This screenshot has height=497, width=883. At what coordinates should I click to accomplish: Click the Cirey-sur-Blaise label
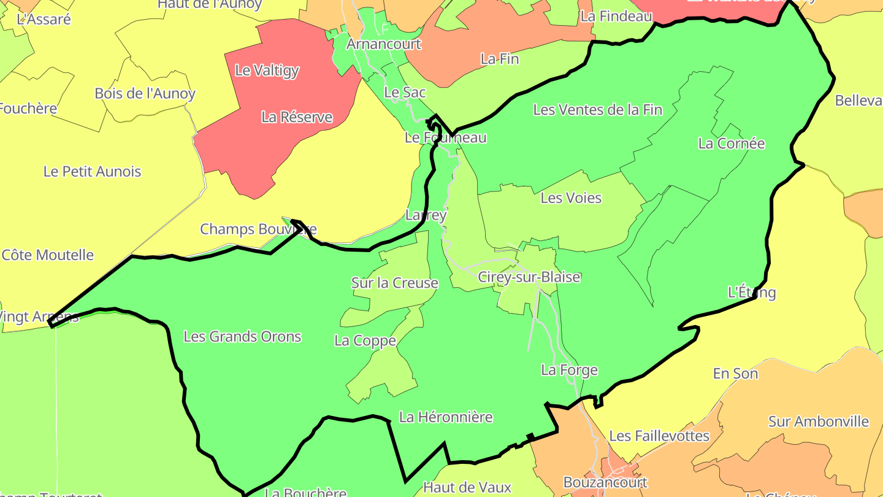[x=529, y=277]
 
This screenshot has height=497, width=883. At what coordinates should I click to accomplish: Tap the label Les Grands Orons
[x=242, y=336]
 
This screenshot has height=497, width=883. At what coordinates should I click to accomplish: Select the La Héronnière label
[x=445, y=417]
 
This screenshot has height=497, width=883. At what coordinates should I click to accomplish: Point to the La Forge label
[x=568, y=370]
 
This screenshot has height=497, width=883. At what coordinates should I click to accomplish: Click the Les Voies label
[x=570, y=198]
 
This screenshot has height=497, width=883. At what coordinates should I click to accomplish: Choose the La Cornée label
[x=731, y=144]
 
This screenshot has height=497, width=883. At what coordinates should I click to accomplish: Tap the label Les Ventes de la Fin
[x=597, y=110]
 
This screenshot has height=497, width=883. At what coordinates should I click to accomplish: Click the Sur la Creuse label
[x=394, y=283]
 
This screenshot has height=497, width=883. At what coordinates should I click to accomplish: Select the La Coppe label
[x=365, y=341]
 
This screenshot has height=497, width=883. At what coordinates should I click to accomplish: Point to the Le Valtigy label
[x=267, y=71]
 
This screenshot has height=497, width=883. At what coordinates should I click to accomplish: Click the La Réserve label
[x=297, y=117]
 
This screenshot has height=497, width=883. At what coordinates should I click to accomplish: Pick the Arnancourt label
[x=384, y=44]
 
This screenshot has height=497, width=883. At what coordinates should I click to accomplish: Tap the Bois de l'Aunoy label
[x=145, y=94]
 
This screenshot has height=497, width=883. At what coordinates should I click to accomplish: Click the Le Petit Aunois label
[x=92, y=172]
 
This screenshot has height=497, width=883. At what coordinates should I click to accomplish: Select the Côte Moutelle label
[x=48, y=255]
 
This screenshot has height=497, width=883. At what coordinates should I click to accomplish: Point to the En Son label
[x=735, y=374]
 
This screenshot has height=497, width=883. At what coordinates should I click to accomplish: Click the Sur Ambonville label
[x=818, y=422]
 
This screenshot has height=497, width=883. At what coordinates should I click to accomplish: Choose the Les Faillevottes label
[x=659, y=436]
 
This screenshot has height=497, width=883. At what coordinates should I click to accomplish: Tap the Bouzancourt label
[x=605, y=482]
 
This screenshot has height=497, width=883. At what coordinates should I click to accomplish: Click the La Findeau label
[x=616, y=17]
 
